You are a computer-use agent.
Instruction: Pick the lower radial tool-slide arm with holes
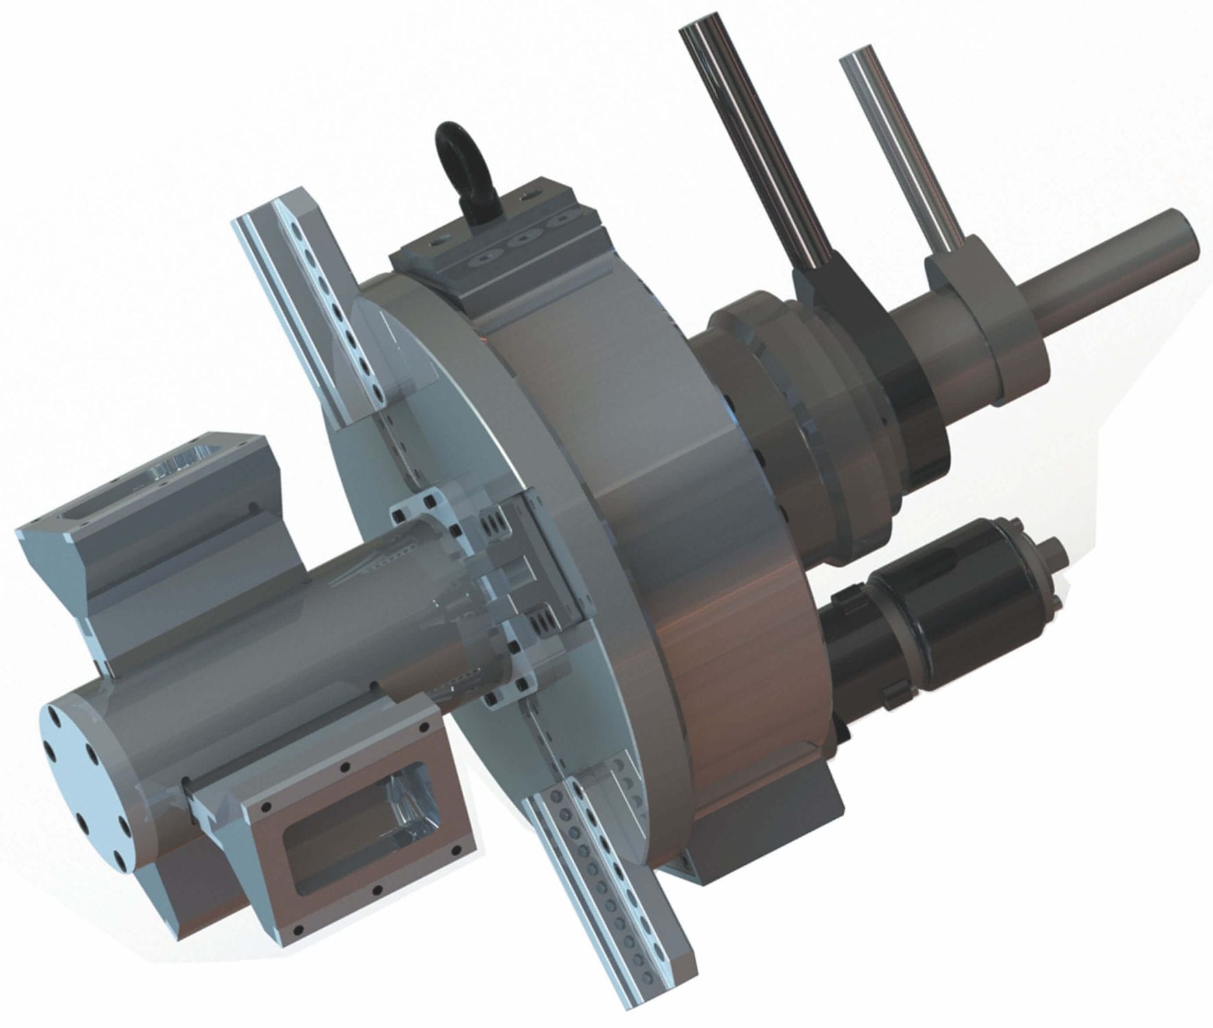603,884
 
